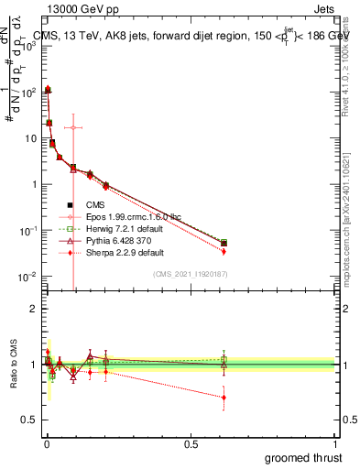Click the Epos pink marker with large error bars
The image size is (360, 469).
point(73,127)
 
